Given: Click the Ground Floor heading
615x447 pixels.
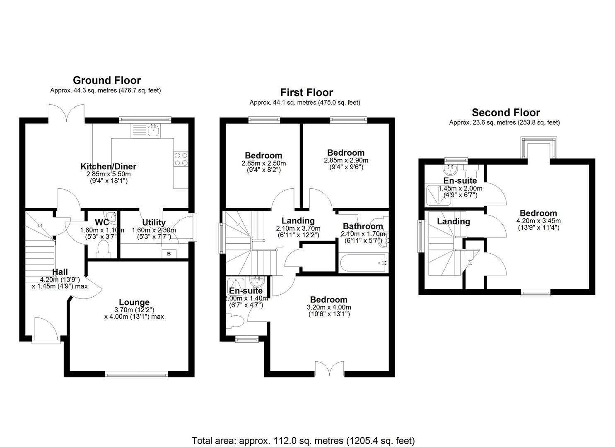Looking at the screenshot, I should click(107, 80).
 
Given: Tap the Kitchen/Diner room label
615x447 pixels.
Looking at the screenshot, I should click(108, 166).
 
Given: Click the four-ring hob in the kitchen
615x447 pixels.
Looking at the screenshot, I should click(181, 159).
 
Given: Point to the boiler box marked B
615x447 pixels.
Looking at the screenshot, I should click(169, 254).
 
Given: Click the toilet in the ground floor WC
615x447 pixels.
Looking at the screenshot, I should click(102, 250).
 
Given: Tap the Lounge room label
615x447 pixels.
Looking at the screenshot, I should click(134, 302).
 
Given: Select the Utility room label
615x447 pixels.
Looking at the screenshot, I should click(154, 223).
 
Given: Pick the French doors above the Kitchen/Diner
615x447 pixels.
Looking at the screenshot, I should click(66, 113).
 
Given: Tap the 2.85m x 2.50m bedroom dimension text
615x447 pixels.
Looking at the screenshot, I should click(263, 163).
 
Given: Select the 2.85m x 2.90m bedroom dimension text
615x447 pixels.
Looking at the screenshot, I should click(346, 160).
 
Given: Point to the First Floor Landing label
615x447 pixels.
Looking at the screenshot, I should click(298, 221).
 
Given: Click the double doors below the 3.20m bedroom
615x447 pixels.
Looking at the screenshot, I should click(329, 368).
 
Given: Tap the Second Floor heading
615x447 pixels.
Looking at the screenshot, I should click(506, 113).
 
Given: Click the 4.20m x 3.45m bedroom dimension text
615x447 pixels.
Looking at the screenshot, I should click(538, 221).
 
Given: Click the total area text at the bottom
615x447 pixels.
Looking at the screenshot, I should click(303, 440).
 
